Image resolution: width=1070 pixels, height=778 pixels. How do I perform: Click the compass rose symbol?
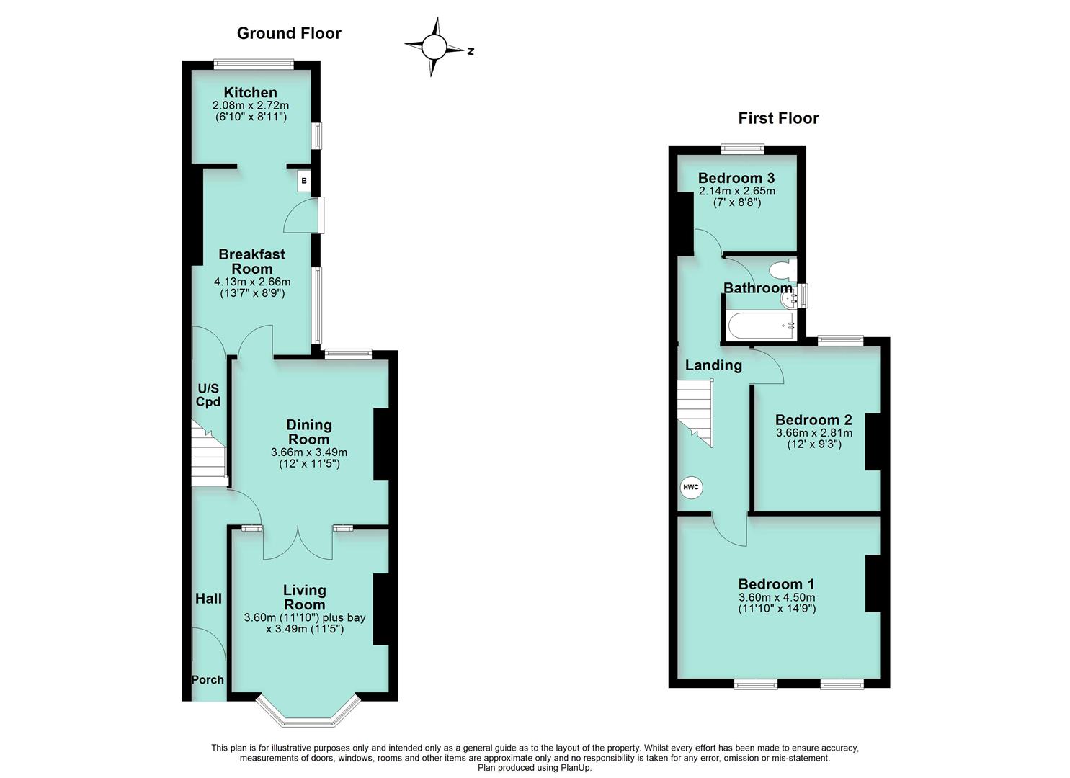coord(434,48)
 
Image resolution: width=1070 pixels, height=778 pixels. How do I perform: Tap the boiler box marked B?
coord(304,181)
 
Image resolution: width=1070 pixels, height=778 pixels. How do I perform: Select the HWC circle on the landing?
coord(691,488)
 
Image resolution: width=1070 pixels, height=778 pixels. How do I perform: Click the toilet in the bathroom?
coord(782,271)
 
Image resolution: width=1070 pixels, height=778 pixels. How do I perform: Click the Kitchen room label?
coord(250,92)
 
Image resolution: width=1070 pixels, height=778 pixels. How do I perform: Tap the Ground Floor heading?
coord(289,33)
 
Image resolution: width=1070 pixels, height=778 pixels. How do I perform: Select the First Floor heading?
coord(779,118)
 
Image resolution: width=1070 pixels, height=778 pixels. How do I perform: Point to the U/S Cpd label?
coord(209,395)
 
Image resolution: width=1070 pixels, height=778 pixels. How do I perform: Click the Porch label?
coord(208,679)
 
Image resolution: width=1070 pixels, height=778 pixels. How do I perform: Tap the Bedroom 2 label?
coord(813,419)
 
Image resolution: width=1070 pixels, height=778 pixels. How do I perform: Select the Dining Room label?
coord(309,432)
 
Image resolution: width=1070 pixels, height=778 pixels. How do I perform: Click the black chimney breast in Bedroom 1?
coord(873,583)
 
